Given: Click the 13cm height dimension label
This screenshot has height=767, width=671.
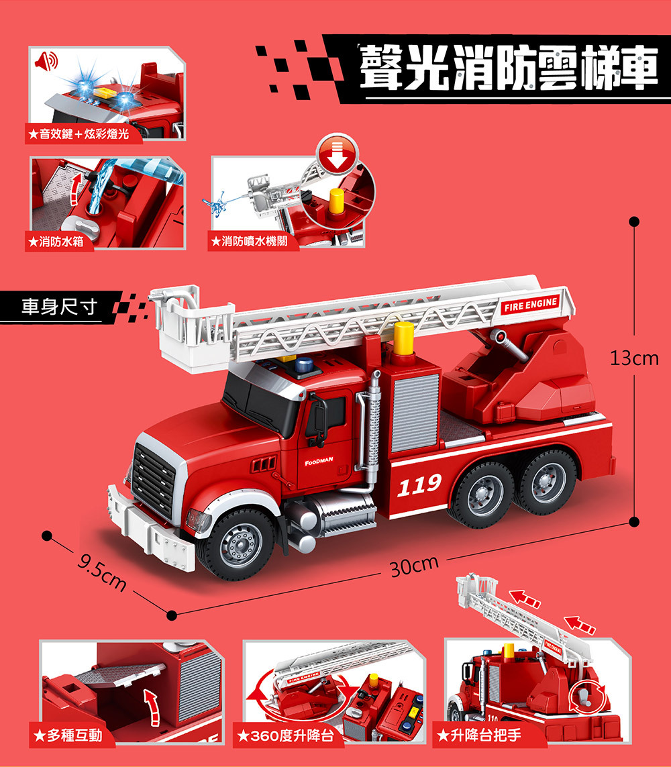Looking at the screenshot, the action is pyautogui.click(x=634, y=358).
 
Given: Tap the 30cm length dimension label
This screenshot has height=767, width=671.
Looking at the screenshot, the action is pyautogui.click(x=414, y=566).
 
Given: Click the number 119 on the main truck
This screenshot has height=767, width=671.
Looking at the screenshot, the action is pyautogui.click(x=419, y=484).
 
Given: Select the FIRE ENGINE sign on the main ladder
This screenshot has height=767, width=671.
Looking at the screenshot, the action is pyautogui.click(x=531, y=305).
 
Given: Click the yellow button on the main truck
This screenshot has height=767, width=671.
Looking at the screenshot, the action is pyautogui.click(x=404, y=338).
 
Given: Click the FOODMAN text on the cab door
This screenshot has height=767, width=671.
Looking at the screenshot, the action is pyautogui.click(x=319, y=461).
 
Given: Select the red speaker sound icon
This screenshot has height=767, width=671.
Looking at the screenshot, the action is pyautogui.click(x=46, y=61).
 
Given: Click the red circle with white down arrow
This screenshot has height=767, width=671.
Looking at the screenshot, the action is pyautogui.click(x=338, y=154).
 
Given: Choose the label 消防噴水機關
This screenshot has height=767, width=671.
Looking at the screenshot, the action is pyautogui.click(x=254, y=241).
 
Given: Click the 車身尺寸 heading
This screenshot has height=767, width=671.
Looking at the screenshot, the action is pyautogui.click(x=59, y=307).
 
